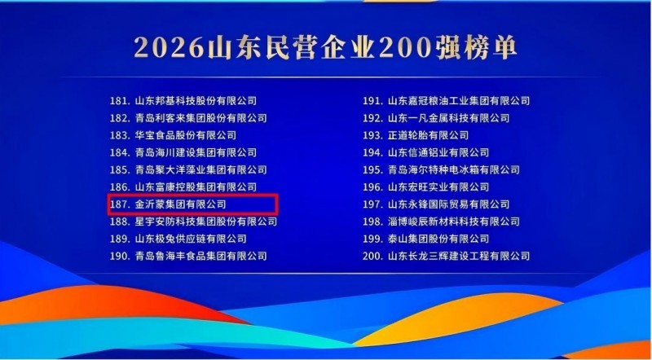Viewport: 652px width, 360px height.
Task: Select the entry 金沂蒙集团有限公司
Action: point(180,204)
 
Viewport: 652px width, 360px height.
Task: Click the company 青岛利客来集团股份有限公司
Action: point(200,117)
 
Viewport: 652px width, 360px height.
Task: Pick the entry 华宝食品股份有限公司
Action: point(186,135)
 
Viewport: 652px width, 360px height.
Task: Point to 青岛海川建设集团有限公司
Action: point(196,152)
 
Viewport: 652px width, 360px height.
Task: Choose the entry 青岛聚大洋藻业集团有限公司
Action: point(200,169)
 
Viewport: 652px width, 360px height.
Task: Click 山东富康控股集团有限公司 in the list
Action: point(196,187)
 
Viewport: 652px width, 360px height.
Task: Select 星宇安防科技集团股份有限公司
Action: point(206,222)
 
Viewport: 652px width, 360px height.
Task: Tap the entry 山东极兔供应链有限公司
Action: point(191,239)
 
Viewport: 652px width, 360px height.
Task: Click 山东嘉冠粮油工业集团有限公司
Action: point(459,101)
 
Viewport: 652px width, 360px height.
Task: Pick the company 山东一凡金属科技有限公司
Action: point(449,117)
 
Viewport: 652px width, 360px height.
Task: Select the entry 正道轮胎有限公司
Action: point(429,135)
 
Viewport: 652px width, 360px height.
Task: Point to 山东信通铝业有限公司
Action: point(438,152)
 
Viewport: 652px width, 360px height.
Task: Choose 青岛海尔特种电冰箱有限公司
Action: point(454,169)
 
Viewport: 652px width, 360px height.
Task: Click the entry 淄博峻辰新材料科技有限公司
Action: point(454,222)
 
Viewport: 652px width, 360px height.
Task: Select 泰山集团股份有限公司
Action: point(438,239)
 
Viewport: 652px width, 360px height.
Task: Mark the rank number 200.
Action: point(373,256)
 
